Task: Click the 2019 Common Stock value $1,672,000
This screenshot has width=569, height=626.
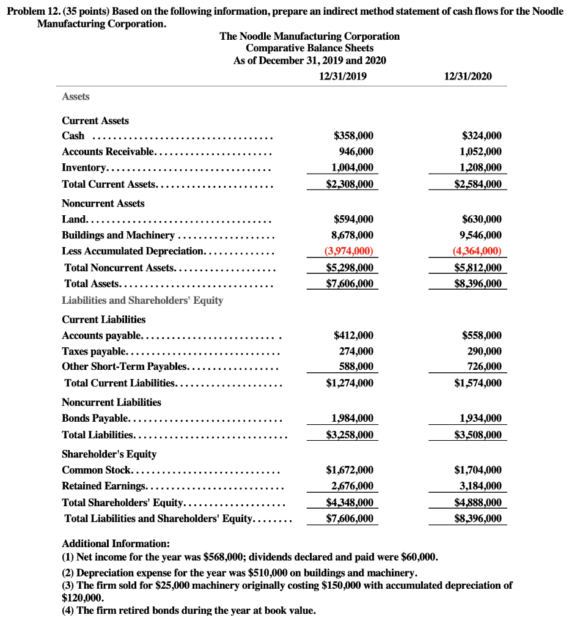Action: click(350, 470)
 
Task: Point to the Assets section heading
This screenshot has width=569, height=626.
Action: click(76, 97)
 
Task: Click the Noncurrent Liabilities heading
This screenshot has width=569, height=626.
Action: click(111, 402)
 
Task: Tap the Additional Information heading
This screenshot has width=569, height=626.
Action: click(116, 543)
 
